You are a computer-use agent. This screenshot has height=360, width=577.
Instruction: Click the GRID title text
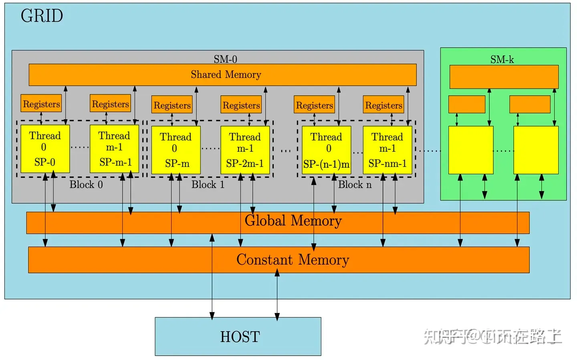click(x=42, y=16)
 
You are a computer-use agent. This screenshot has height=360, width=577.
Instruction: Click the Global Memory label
click(x=293, y=221)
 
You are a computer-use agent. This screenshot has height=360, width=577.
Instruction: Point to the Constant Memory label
click(x=293, y=260)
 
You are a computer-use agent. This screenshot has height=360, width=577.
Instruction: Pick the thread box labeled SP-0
click(x=45, y=149)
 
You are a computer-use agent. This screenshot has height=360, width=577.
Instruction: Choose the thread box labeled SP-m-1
click(x=114, y=149)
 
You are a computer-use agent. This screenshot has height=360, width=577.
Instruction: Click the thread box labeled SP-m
click(x=176, y=150)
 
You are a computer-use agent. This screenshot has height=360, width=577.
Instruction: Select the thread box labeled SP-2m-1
click(x=245, y=150)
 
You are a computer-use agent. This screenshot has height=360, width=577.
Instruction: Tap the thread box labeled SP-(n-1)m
click(x=326, y=150)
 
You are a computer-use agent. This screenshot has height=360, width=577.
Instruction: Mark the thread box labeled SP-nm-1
click(x=387, y=150)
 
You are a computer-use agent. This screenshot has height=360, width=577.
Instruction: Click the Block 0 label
click(x=86, y=185)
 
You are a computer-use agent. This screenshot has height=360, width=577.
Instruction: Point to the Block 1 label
click(x=208, y=185)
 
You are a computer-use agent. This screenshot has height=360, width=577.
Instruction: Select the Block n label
click(x=355, y=185)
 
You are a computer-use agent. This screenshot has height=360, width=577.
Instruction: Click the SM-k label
click(x=502, y=60)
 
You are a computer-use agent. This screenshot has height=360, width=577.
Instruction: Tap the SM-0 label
click(x=225, y=59)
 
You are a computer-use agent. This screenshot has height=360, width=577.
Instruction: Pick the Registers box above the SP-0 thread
click(x=41, y=104)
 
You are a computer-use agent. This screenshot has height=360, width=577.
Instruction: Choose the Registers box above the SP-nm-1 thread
click(x=383, y=105)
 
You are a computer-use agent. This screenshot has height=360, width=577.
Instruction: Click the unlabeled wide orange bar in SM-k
click(x=504, y=76)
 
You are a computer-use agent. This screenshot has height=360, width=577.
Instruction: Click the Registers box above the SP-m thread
click(x=172, y=105)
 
